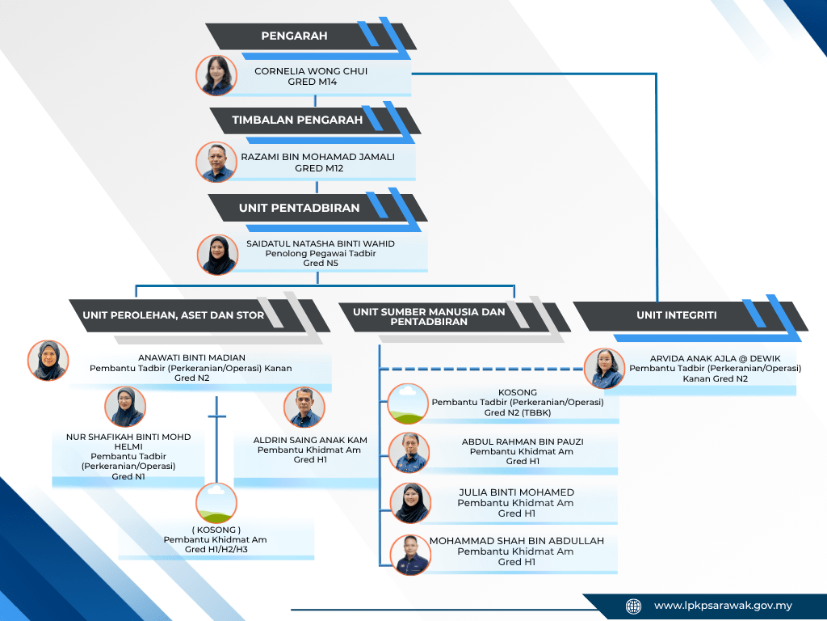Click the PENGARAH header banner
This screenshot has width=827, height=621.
[311, 36]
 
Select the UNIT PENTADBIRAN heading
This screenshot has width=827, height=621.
[317, 208]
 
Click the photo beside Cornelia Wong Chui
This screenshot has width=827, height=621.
[216, 75]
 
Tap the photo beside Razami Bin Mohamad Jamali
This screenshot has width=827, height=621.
[216, 162]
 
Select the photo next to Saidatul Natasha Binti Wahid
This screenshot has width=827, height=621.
[217, 255]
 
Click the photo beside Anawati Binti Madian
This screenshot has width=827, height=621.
[48, 360]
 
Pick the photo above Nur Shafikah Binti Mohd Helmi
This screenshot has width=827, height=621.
[125, 407]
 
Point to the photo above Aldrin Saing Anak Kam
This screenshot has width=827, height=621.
[304, 408]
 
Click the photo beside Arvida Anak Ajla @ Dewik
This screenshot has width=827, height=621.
[604, 369]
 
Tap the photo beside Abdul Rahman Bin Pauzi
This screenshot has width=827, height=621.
[409, 453]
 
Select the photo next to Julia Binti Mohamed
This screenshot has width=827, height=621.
[410, 503]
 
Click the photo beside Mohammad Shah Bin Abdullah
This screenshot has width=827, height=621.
[410, 555]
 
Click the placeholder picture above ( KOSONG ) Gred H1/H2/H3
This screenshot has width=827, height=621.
[216, 503]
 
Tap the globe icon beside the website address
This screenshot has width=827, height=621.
[633, 606]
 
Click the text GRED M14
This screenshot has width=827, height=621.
[313, 82]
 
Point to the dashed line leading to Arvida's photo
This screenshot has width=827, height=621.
[482, 369]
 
